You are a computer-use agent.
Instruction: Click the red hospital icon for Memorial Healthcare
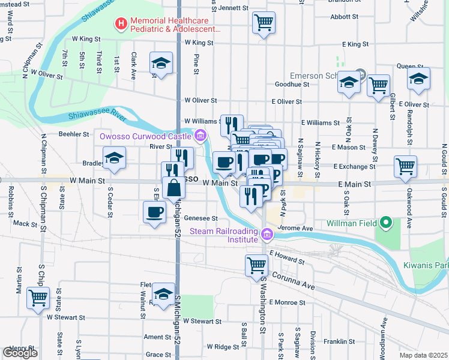click(x=121, y=24)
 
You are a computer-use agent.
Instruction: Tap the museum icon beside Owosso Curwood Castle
click(x=200, y=136)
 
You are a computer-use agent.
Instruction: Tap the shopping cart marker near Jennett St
click(x=264, y=23)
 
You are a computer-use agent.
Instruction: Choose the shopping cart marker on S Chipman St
click(x=38, y=296)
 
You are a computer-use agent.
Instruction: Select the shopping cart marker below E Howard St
click(x=257, y=265)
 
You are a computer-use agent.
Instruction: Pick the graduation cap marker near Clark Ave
click(x=161, y=63)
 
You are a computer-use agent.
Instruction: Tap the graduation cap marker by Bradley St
click(x=114, y=159)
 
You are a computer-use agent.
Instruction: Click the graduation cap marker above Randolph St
click(x=418, y=79)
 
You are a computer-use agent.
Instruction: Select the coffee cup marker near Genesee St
click(x=154, y=212)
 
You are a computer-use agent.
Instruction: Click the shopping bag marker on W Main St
click(x=173, y=187)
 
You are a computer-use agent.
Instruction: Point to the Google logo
click(x=20, y=353)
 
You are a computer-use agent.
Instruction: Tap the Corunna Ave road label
click(x=294, y=281)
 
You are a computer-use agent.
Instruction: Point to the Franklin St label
click(x=340, y=341)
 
